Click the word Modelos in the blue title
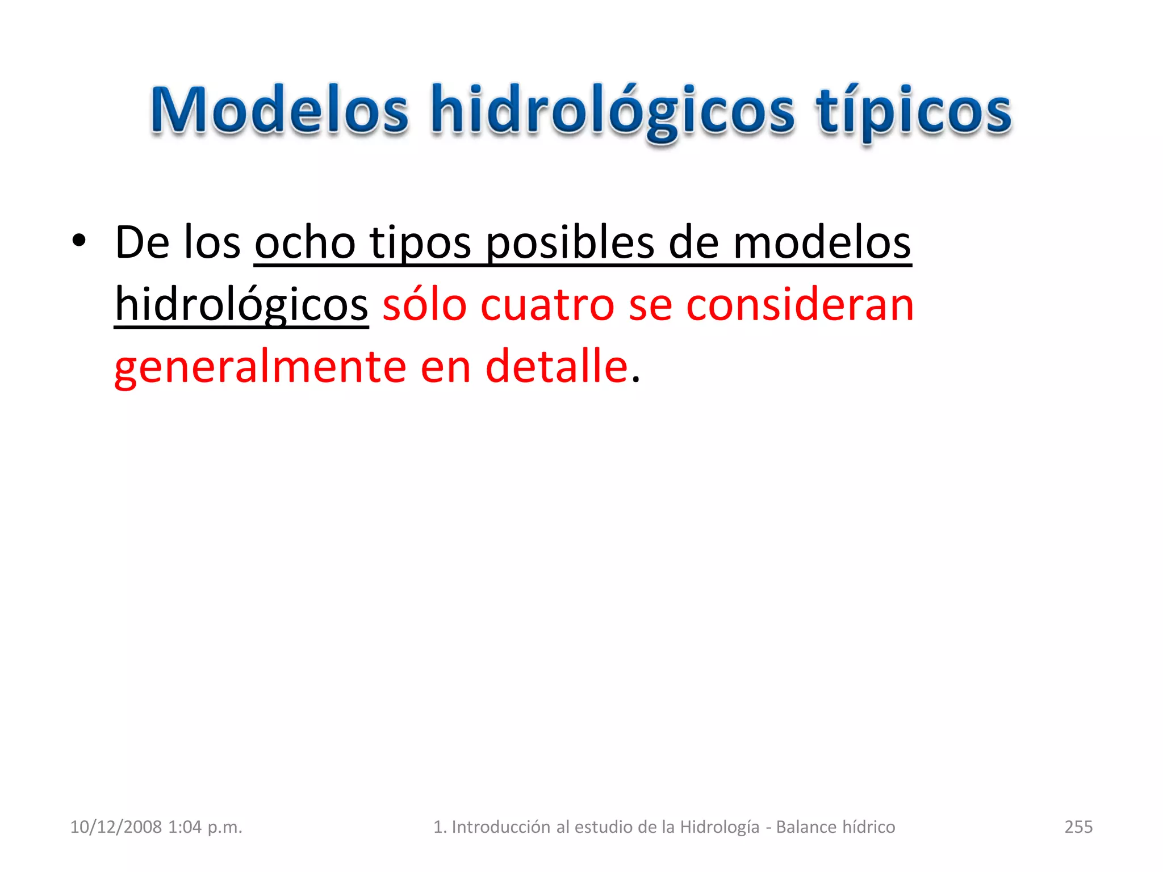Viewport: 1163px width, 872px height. pos(279,111)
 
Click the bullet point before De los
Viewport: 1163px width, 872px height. pos(79,241)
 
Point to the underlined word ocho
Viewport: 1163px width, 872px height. pos(305,243)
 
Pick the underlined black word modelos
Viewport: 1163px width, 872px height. pos(822,243)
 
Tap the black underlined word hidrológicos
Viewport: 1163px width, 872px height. pos(241,305)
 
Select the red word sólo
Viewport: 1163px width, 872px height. pos(424,305)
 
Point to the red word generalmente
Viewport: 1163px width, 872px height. pos(260,367)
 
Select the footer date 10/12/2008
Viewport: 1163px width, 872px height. pos(116,827)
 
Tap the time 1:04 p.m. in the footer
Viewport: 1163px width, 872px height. pos(205,827)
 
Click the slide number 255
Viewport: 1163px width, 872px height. pos(1078,827)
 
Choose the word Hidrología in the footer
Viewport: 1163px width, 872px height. pos(719,827)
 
